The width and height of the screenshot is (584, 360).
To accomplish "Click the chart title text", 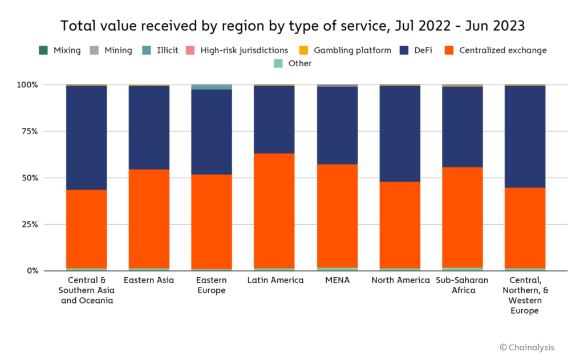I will click(292, 26).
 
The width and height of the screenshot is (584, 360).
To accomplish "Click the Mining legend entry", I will click(111, 50).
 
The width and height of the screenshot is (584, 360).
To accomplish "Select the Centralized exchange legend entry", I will click(496, 50).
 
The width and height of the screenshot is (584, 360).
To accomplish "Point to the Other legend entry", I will click(293, 63).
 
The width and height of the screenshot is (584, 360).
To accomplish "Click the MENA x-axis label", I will click(337, 280).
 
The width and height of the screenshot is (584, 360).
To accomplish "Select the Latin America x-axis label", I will click(274, 280).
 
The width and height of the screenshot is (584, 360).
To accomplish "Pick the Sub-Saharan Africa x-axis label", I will click(463, 285).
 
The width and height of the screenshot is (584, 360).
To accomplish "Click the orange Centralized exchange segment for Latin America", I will click(274, 211).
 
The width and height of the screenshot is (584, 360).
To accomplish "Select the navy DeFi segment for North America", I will click(400, 134).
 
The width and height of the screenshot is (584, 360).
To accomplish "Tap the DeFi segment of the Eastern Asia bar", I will click(149, 128).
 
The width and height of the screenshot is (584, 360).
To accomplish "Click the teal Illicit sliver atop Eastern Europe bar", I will click(212, 87).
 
